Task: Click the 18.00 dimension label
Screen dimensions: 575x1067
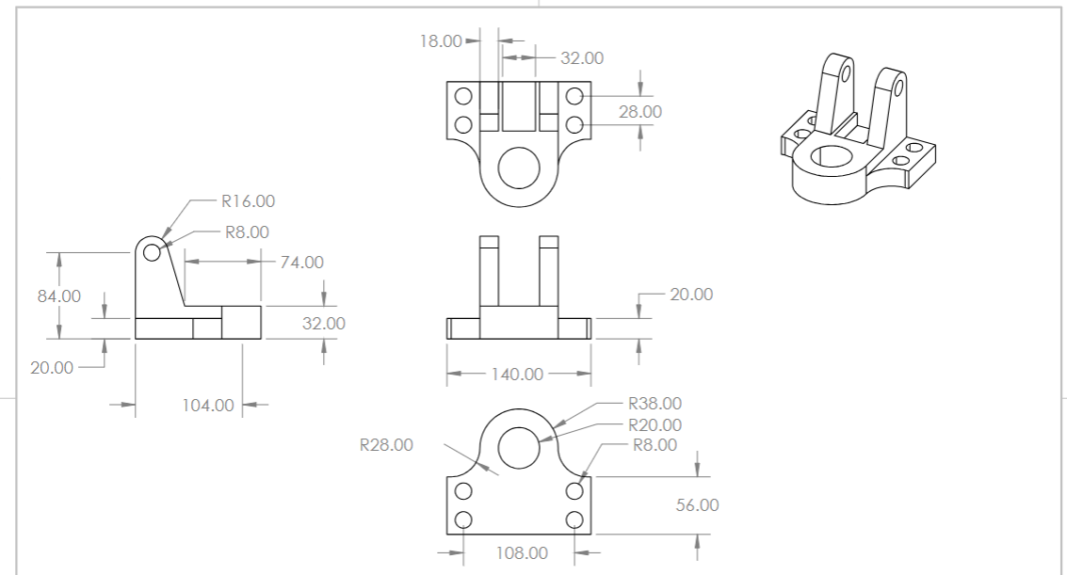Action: coord(441,40)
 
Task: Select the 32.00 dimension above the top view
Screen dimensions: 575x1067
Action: coord(582,58)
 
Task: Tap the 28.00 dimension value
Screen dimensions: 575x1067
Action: coord(640,112)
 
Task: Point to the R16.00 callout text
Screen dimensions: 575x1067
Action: coord(249,200)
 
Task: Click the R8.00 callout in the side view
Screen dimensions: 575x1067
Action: coord(247,232)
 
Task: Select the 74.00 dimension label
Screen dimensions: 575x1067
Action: coord(301,263)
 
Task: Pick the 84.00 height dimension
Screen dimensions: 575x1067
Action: coord(57,295)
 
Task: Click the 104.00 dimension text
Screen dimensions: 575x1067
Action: coord(208,406)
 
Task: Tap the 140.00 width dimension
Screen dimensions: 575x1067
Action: coord(518,375)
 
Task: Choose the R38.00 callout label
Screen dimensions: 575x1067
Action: coord(655,405)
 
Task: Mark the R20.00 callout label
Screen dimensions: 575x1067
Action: coord(655,425)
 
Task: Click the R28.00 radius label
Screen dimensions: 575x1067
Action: coord(386,445)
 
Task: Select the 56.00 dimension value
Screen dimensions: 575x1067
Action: coord(698,505)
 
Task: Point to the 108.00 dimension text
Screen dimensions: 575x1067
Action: coord(522,552)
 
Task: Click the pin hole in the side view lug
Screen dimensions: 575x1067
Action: coord(151,251)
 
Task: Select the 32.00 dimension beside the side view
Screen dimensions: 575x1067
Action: coord(323,324)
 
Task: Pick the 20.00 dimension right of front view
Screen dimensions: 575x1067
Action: coord(691,295)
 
